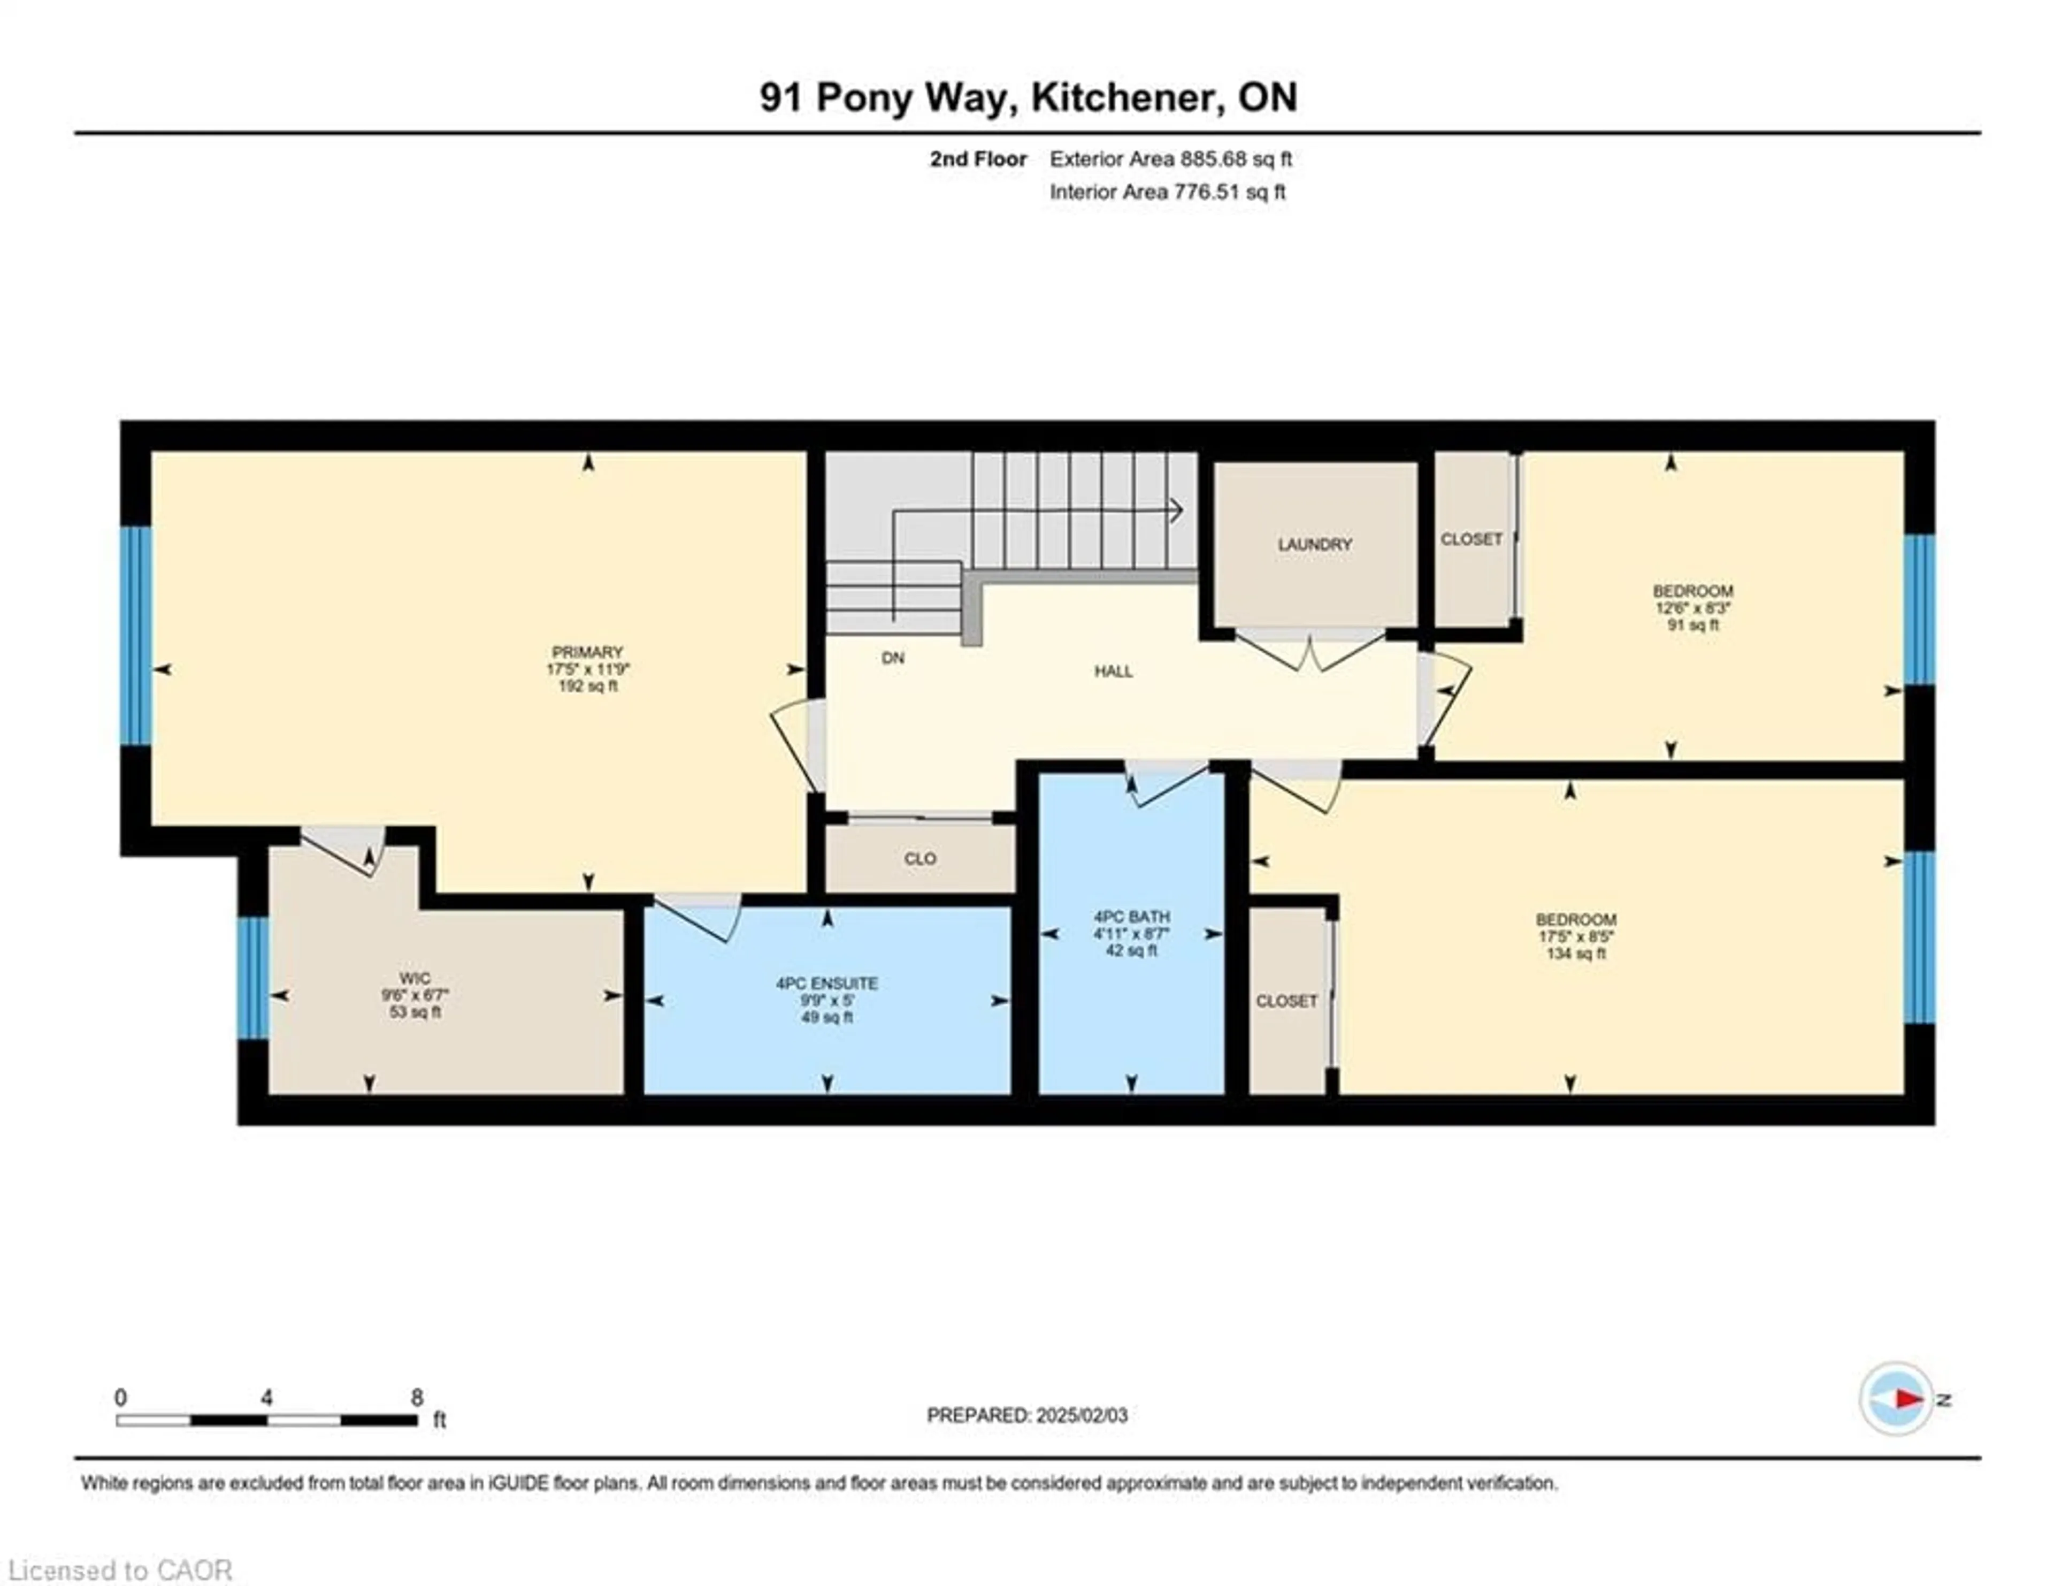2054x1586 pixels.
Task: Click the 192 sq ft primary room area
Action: [588, 687]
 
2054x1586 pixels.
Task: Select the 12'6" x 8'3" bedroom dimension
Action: [1693, 608]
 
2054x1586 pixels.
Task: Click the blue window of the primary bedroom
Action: [136, 636]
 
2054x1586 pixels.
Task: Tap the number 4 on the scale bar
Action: [267, 1398]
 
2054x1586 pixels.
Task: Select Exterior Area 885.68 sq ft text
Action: [1170, 159]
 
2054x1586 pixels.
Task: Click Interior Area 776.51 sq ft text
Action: [1167, 193]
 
